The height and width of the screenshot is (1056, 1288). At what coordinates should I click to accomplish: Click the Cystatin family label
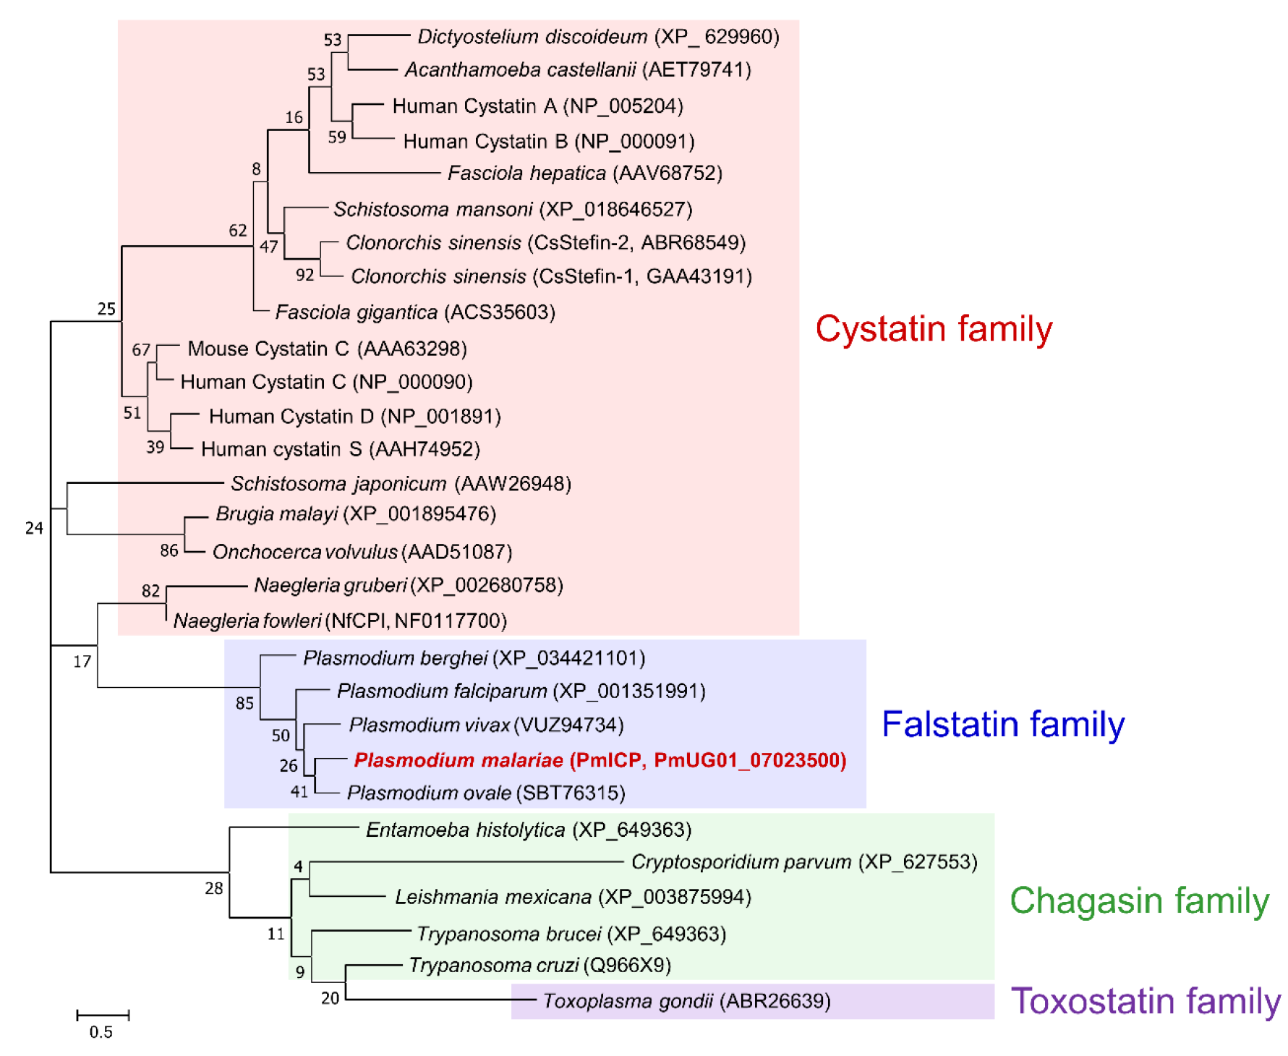[933, 329]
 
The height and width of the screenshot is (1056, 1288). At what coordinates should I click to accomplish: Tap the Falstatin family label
[1002, 724]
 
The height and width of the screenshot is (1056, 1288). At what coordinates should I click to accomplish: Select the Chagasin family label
[1139, 901]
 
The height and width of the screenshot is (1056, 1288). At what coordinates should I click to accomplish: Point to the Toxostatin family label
[1145, 1002]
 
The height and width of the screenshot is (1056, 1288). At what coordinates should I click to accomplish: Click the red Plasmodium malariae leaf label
[600, 760]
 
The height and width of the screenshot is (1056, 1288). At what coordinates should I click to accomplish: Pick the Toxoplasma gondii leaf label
[686, 1001]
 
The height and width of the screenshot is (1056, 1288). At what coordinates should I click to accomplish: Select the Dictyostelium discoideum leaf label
[598, 37]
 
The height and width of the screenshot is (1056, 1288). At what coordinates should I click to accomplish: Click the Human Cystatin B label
[548, 141]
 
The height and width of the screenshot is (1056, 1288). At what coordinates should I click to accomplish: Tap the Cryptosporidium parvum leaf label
[803, 862]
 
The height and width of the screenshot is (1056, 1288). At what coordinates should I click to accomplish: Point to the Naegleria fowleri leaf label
[340, 621]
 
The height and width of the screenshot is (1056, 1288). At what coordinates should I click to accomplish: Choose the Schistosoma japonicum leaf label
[401, 484]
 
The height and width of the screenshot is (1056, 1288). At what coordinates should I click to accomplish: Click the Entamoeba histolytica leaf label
[528, 830]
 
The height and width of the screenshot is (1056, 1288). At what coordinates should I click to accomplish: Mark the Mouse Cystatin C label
[327, 349]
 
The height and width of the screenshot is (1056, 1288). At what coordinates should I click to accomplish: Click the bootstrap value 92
[305, 276]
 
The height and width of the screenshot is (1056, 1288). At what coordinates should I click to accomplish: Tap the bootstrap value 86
[169, 551]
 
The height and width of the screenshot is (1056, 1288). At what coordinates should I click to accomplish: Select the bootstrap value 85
[244, 703]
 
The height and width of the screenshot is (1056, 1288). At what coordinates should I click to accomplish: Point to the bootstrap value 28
[214, 888]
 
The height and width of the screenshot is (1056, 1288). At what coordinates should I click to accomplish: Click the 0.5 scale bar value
[101, 1032]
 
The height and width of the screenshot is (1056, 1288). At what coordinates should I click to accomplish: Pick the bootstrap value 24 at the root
[34, 529]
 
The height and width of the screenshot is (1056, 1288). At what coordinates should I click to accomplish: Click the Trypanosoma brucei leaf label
[571, 934]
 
